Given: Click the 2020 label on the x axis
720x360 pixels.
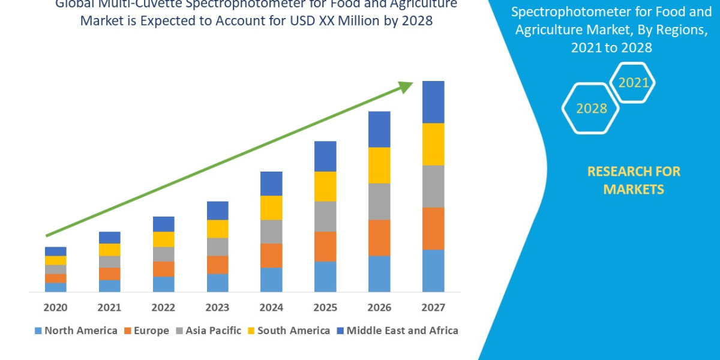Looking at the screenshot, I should [55, 308].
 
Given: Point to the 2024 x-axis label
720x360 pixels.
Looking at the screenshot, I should [271, 308].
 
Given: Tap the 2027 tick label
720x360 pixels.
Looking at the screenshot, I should [433, 308].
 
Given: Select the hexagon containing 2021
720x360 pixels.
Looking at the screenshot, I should [632, 83].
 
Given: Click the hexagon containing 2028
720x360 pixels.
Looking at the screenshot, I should [590, 109].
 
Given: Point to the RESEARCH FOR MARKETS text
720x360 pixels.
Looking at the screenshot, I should [634, 180].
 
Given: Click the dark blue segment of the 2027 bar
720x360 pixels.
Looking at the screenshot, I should [433, 102].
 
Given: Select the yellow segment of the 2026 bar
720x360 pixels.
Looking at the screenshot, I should [379, 165].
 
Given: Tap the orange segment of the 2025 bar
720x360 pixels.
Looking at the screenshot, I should [325, 246].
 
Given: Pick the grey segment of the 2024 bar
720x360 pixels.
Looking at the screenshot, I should [271, 232].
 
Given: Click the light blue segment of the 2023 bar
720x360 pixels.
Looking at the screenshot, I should [217, 283].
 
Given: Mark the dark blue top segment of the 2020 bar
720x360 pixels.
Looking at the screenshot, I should [55, 251].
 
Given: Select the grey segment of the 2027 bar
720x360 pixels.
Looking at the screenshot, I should [433, 186].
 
